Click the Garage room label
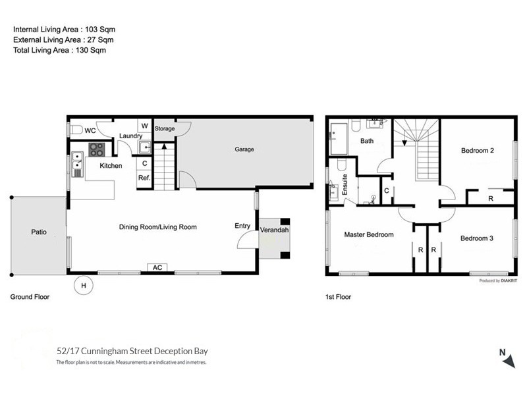pos(244,149)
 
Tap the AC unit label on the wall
pos(157,267)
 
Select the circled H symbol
pos(83,285)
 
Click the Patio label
pos(38,232)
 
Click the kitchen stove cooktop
pos(96,149)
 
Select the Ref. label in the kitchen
pos(144,177)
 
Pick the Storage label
pos(165,128)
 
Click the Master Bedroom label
pos(369,234)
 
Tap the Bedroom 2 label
pos(478,151)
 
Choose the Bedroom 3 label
pos(477,238)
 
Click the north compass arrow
pos(509,361)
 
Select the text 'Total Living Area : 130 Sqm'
pos(59,50)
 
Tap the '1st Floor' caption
pos(338,297)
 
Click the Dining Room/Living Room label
pos(158,227)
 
